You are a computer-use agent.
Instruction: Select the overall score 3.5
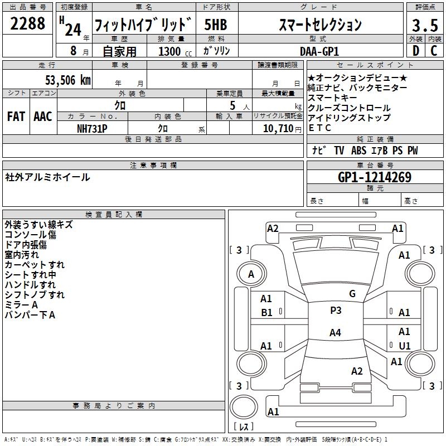pos(424,25)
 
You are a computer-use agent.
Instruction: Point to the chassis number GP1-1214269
pos(375,178)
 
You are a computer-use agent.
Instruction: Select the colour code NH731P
pos(92,128)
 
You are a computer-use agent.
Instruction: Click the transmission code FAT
pos(16,117)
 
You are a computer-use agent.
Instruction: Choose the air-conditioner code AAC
pos(43,117)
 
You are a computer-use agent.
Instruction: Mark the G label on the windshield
pos(352,294)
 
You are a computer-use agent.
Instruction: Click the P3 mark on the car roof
pos(335,311)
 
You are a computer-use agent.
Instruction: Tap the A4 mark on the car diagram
pos(334,333)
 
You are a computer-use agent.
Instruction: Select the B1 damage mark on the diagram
pos(266,313)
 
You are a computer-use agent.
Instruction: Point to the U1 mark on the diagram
pos(404,346)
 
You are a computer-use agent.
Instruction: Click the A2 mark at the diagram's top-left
pos(273,228)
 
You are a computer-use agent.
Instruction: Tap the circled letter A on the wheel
pos(251,274)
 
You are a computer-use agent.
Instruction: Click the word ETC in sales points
pos(320,128)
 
